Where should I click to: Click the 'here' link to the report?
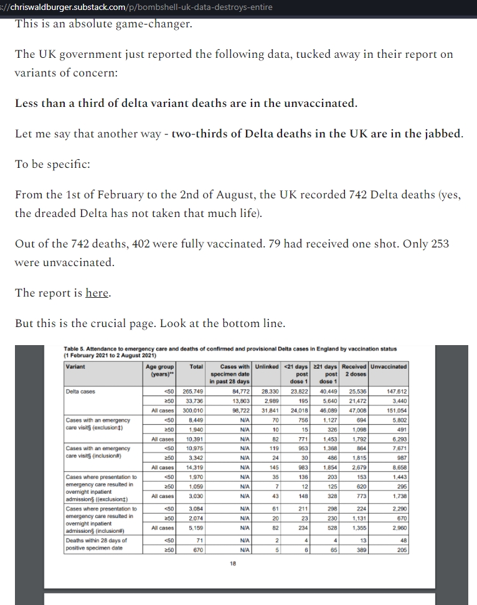[x=97, y=293]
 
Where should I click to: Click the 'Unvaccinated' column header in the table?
[x=389, y=366]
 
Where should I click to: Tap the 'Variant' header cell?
[x=77, y=366]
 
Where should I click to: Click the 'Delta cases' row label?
[x=80, y=391]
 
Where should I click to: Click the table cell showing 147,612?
[x=397, y=391]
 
